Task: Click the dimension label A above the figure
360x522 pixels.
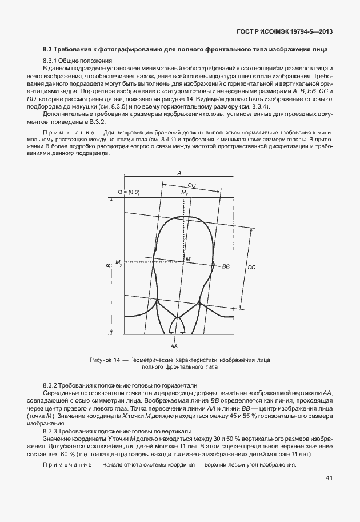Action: (x=179, y=172)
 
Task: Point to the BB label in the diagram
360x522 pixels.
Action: (x=226, y=267)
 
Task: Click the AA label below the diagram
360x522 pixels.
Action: (x=174, y=346)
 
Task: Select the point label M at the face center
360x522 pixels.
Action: (x=187, y=259)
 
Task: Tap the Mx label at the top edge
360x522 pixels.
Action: (x=185, y=193)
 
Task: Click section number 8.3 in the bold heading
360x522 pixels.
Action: (x=48, y=49)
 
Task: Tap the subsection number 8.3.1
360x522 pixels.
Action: (x=51, y=61)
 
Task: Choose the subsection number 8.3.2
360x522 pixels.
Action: (x=51, y=385)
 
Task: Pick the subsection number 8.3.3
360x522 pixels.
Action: (x=51, y=430)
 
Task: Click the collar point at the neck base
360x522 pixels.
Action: (x=178, y=316)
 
